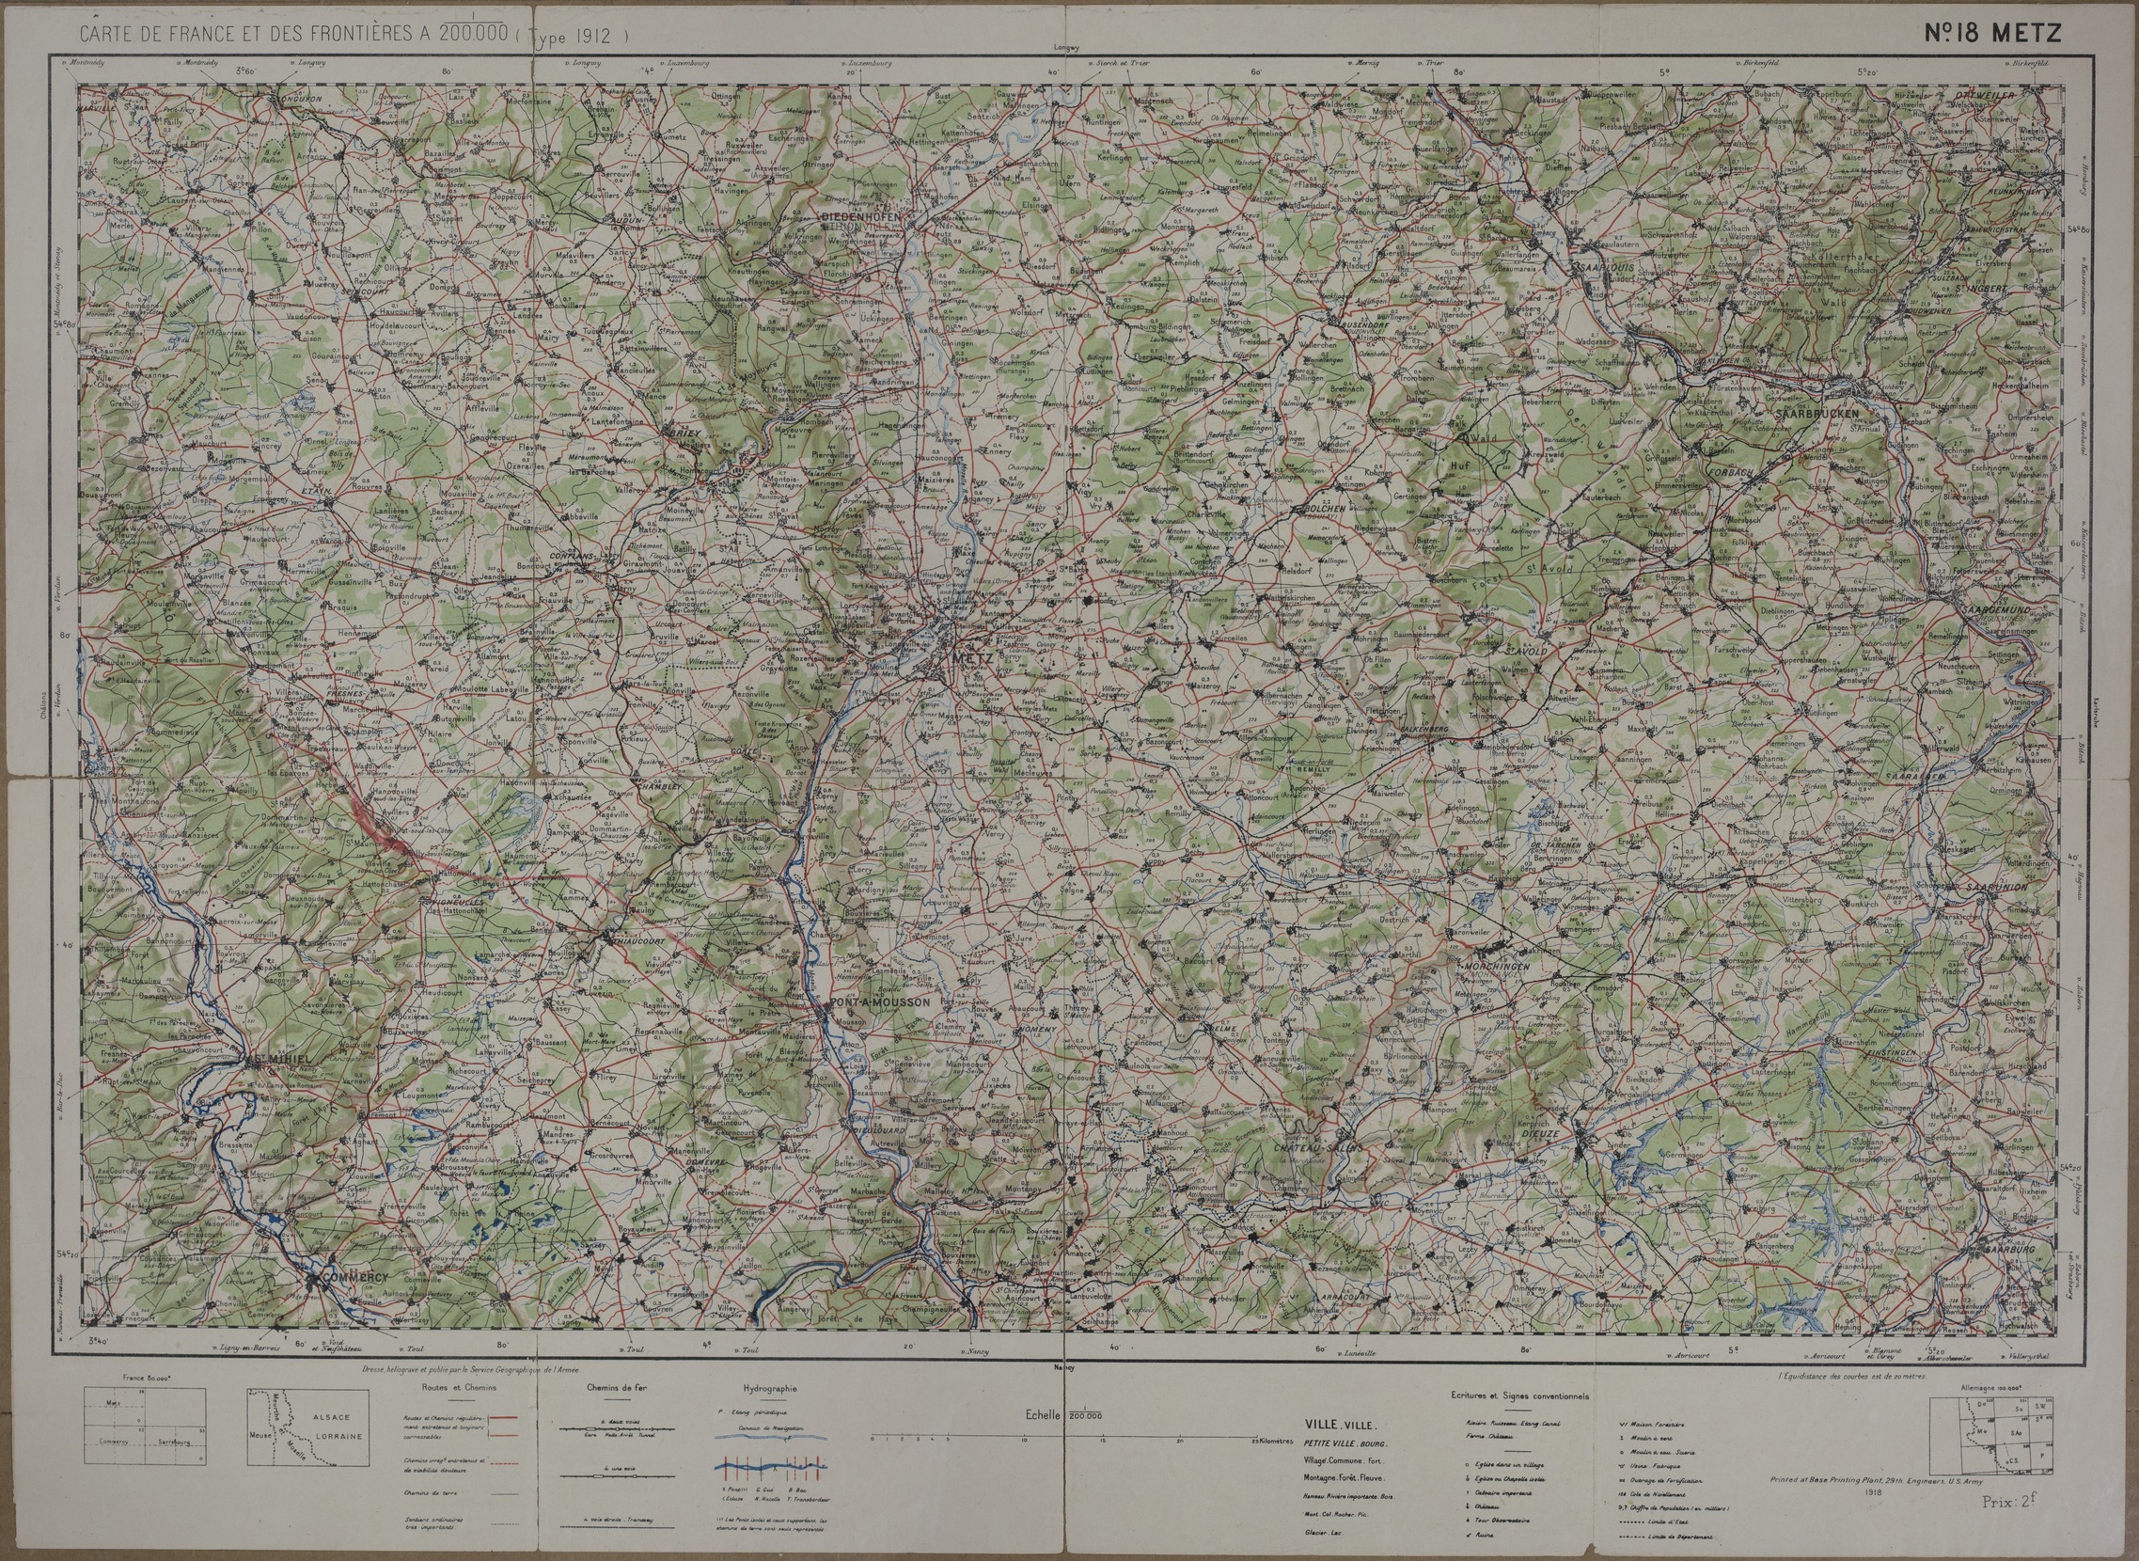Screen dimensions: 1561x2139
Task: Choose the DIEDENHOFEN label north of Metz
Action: [x=866, y=215]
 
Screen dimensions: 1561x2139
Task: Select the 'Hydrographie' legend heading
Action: [x=770, y=1389]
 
